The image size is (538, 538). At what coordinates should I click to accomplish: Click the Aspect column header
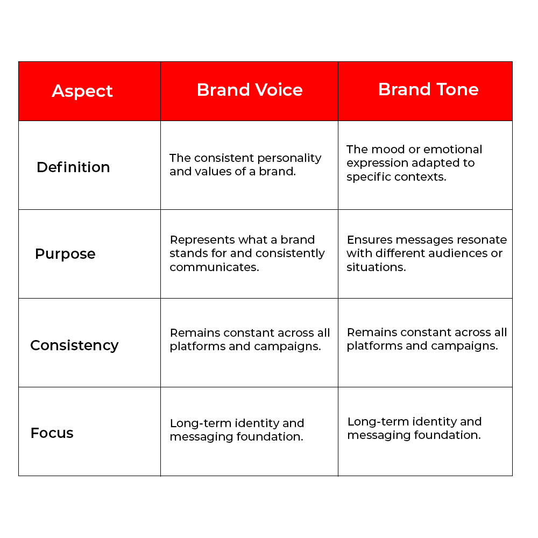[x=82, y=91]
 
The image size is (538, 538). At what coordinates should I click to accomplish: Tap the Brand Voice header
[x=250, y=90]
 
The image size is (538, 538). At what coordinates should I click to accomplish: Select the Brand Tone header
[x=428, y=89]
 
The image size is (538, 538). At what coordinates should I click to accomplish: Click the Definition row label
[x=73, y=167]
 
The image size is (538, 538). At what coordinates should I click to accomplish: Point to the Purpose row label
[x=65, y=254]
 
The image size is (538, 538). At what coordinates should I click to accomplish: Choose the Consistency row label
[x=74, y=345]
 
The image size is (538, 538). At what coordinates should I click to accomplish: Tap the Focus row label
[x=52, y=433]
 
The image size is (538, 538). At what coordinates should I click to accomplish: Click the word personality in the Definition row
[x=289, y=158]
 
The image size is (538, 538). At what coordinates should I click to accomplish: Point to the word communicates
[x=214, y=267]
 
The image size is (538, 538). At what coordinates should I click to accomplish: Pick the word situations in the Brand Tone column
[x=376, y=267]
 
